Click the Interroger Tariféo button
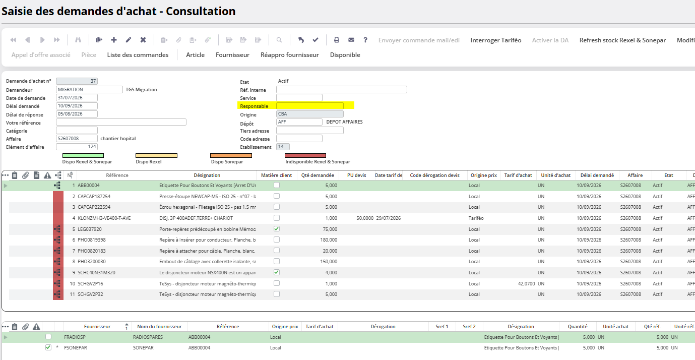point(495,40)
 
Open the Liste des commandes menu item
point(138,55)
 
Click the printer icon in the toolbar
point(336,40)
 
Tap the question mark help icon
point(365,40)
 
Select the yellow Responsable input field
point(309,106)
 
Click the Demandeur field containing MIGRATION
point(89,89)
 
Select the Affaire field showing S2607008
point(77,139)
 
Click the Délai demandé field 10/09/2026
point(77,106)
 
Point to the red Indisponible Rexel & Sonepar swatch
point(305,155)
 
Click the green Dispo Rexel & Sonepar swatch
point(83,155)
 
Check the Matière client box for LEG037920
point(277,229)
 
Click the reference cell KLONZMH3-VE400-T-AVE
point(104,218)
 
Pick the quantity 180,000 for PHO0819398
point(329,240)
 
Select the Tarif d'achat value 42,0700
point(527,284)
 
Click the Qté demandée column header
point(318,175)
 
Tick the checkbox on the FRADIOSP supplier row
point(48,337)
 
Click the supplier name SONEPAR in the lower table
point(143,348)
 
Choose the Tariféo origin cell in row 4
point(476,218)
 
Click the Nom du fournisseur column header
point(159,327)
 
